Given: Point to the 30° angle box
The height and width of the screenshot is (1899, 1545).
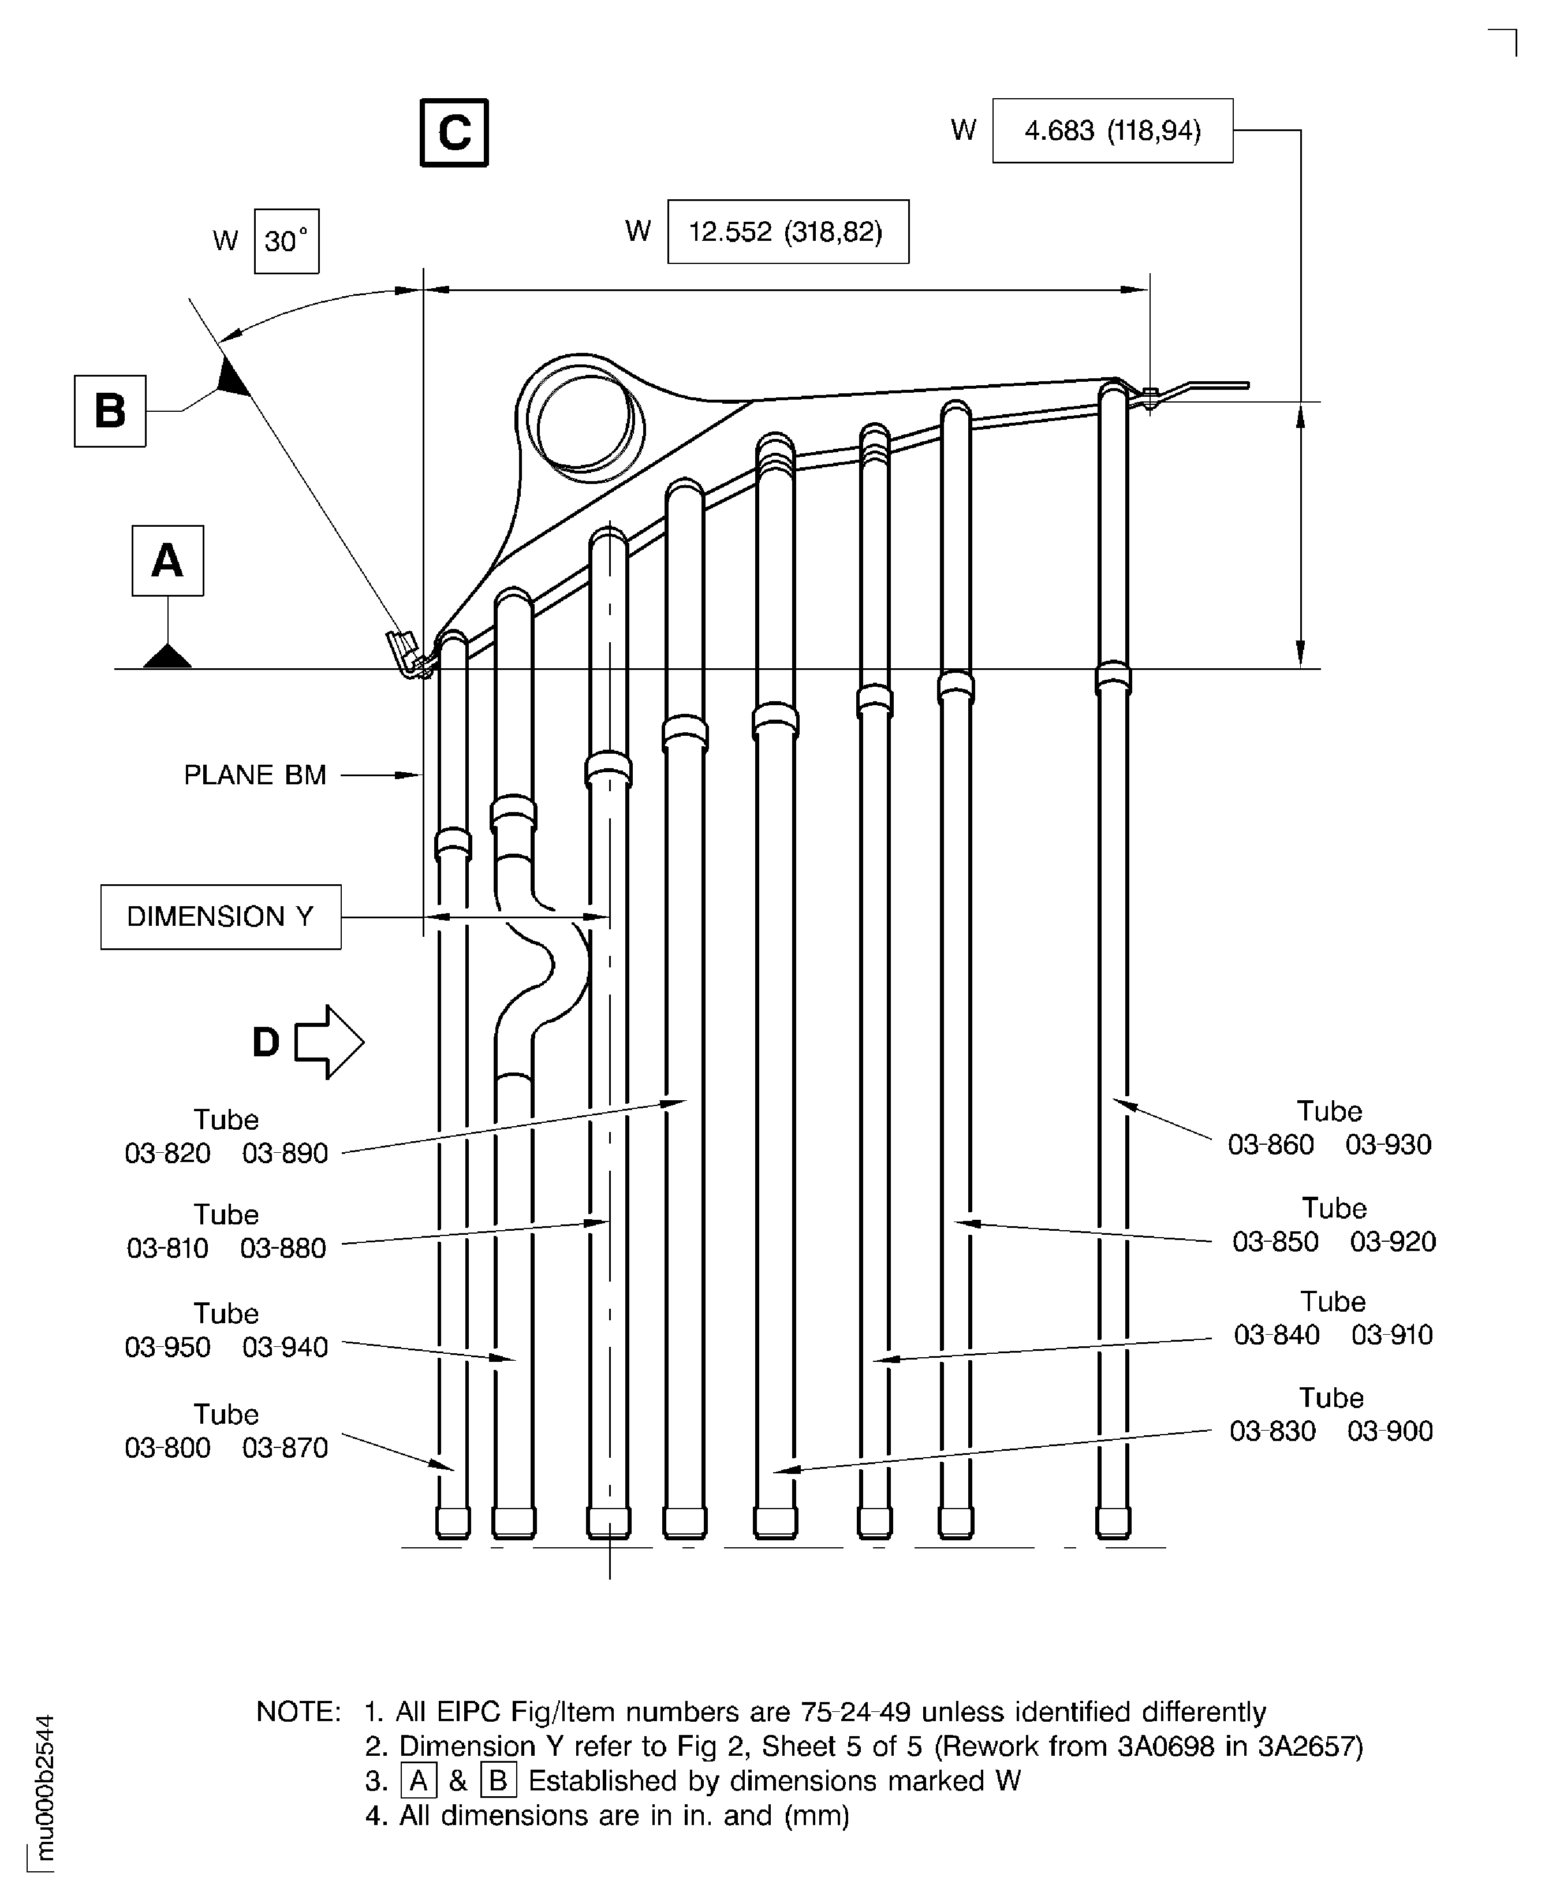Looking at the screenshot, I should [x=286, y=241].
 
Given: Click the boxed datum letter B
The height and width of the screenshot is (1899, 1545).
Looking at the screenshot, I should [x=110, y=411].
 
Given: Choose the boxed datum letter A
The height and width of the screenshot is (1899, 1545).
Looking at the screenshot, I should [x=167, y=561].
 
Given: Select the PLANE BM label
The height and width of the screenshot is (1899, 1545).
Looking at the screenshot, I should [x=255, y=776].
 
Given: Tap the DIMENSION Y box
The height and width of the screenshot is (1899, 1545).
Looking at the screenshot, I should [x=220, y=917].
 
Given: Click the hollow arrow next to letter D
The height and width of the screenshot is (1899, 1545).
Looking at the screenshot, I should [x=327, y=1042].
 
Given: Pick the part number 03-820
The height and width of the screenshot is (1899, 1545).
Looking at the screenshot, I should [x=167, y=1154].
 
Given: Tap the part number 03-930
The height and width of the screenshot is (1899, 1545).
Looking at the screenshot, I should [x=1389, y=1145].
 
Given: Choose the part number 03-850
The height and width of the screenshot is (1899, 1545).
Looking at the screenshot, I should [x=1275, y=1242].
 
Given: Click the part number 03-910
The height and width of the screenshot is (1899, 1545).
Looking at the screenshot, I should [x=1392, y=1335].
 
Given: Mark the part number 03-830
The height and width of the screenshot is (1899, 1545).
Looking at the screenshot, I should [x=1272, y=1432].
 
